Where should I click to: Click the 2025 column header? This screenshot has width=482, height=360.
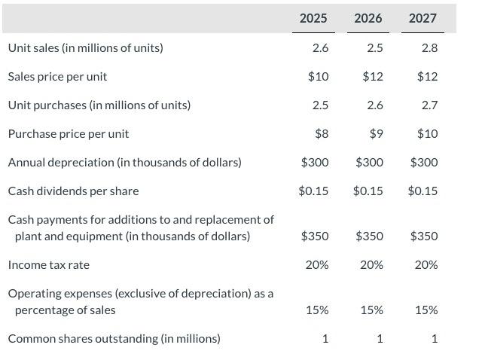tap(313, 18)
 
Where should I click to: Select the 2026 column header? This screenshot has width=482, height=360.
tap(368, 18)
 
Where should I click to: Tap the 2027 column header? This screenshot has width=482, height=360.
tap(423, 18)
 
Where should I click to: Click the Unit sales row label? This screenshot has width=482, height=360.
tap(85, 48)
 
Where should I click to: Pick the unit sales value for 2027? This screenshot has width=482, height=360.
tap(429, 48)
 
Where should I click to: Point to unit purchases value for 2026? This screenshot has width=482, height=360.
tap(375, 105)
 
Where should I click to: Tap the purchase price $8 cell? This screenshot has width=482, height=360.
tap(322, 134)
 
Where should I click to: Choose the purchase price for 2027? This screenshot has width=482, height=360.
tap(427, 134)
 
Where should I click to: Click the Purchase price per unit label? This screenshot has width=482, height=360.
tap(69, 134)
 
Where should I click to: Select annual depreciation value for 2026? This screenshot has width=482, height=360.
tap(369, 163)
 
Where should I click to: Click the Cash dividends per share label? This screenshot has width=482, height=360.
tap(73, 191)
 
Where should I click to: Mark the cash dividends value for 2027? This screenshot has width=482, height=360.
tap(423, 191)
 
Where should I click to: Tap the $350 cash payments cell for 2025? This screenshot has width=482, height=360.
tap(315, 236)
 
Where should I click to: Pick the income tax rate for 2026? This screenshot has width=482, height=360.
tap(371, 265)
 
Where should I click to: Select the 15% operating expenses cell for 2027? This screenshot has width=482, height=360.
tap(426, 310)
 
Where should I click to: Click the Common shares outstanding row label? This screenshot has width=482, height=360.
tap(114, 339)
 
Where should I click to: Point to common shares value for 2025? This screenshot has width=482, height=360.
tap(325, 339)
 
